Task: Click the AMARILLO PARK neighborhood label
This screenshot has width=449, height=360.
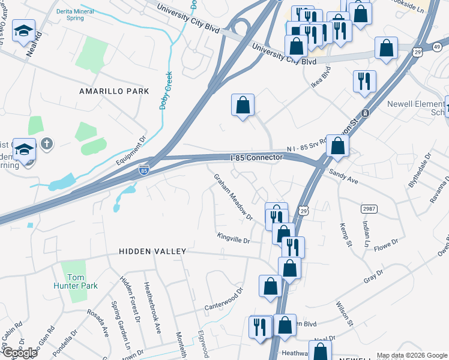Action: pyautogui.click(x=114, y=91)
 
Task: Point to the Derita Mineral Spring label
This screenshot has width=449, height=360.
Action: pyautogui.click(x=82, y=15)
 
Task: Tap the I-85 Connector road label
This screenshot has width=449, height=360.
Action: pyautogui.click(x=256, y=158)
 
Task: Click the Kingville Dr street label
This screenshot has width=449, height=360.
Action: pyautogui.click(x=233, y=239)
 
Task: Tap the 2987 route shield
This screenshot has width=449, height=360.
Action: pyautogui.click(x=369, y=208)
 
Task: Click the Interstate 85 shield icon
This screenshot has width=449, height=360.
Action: pyautogui.click(x=143, y=170)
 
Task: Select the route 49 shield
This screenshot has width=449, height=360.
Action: pyautogui.click(x=436, y=47)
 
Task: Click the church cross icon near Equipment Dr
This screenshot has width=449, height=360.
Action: pyautogui.click(x=47, y=143)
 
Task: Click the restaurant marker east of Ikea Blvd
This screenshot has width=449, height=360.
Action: pyautogui.click(x=364, y=82)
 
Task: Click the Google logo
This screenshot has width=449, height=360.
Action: pyautogui.click(x=19, y=353)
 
